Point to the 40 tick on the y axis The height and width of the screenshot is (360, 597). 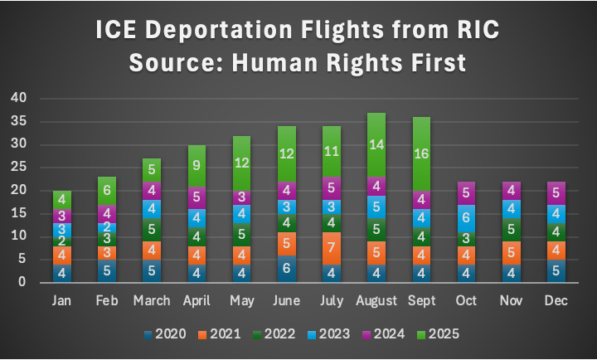tap(18, 98)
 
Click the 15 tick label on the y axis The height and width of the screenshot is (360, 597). tap(18, 213)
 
